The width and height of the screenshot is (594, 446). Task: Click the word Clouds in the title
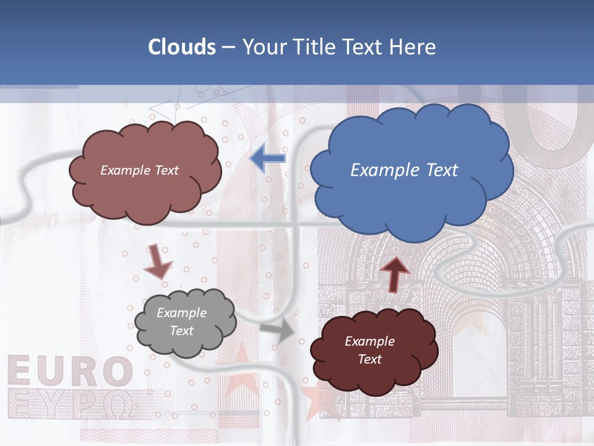tap(182, 47)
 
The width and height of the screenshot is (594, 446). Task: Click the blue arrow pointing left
tap(268, 159)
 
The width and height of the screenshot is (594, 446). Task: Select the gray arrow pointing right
tap(278, 331)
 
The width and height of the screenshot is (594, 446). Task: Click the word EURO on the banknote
tap(70, 372)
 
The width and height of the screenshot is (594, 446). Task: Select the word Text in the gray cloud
tap(182, 331)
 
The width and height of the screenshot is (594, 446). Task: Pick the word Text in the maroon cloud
tap(369, 359)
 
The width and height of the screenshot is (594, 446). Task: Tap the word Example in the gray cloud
tap(182, 313)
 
